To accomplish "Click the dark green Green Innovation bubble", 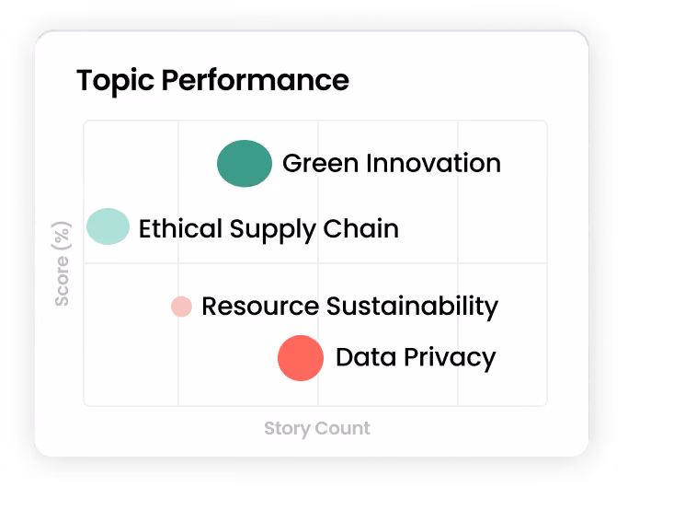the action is (245, 164).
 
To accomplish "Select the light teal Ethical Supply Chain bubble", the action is (108, 226).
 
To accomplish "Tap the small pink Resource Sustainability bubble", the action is (181, 307).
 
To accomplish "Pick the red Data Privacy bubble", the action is (301, 358).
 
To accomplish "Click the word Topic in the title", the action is (115, 81).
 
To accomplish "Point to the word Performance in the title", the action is (256, 80).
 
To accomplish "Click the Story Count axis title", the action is (317, 429).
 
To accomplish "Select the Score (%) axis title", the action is (62, 264).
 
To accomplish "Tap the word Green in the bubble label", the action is (321, 163).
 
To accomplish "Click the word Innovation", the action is (433, 163).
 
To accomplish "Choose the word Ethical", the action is (180, 228).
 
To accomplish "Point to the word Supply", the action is (272, 229).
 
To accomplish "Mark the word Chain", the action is (360, 228).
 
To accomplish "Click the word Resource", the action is (260, 306).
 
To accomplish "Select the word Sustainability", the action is (412, 307).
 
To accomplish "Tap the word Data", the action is (366, 357).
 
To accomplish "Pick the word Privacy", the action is (450, 358).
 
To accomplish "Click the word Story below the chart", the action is (287, 429).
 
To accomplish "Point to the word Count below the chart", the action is (342, 428).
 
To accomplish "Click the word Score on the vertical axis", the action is (62, 281).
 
